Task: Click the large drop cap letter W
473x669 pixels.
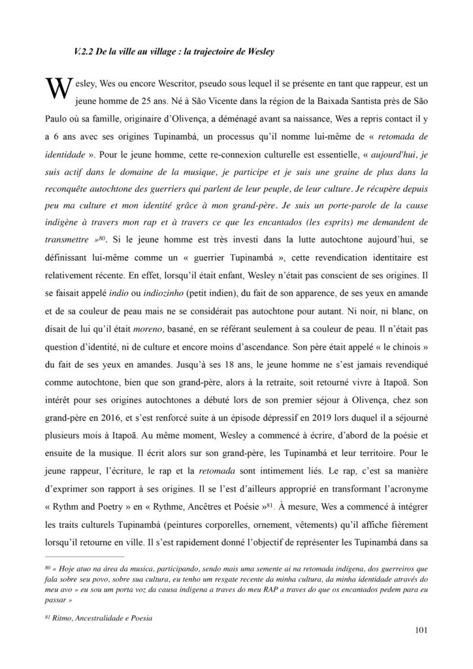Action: (x=55, y=91)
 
